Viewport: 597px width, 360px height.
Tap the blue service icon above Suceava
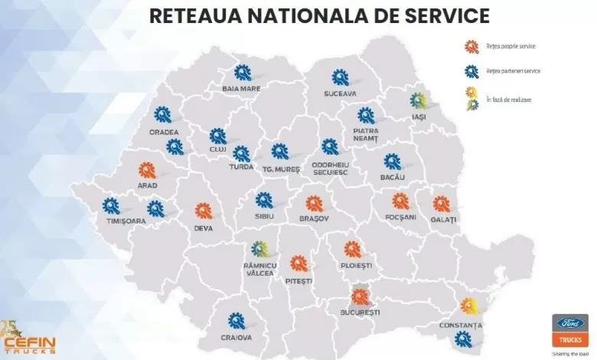coord(340,77)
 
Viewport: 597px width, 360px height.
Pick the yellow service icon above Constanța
coord(469,306)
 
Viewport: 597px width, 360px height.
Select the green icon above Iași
coord(418,100)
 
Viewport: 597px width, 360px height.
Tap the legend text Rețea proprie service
coord(511,47)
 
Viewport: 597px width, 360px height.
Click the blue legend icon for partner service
coord(471,70)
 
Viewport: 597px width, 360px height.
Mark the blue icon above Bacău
coord(392,162)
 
